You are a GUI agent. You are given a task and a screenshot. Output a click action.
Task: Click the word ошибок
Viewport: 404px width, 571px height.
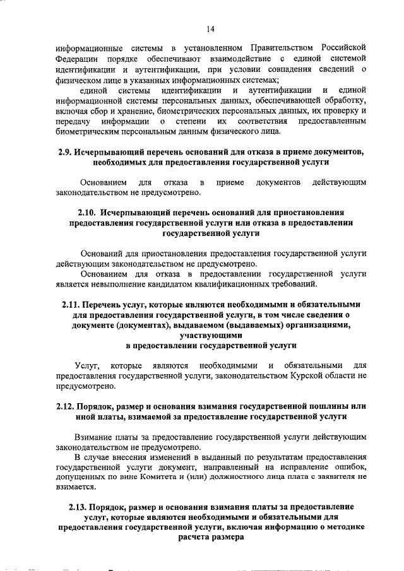coord(352,467)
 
